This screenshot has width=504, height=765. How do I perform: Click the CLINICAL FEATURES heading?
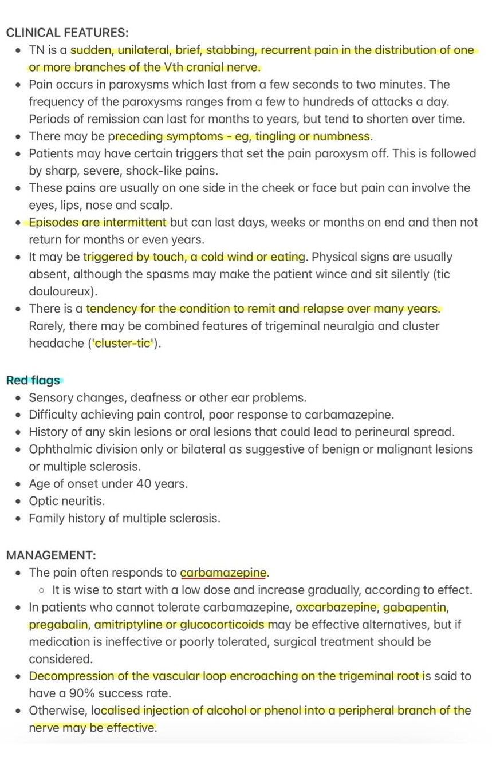pos(67,33)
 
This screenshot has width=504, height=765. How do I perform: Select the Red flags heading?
pos(33,380)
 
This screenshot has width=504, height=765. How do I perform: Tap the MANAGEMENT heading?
pos(51,555)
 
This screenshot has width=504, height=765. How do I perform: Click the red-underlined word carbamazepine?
pos(223,573)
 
